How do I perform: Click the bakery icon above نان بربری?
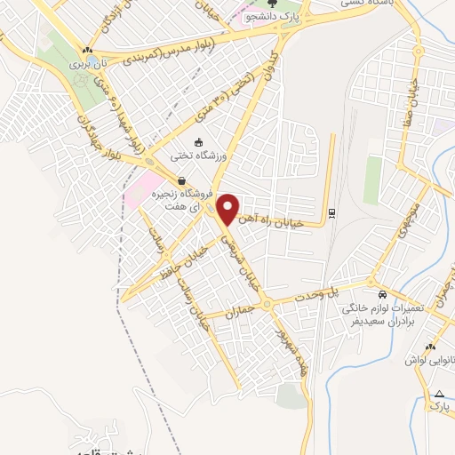86,52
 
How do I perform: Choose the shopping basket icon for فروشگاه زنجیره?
182,180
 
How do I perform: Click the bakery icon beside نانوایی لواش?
429,346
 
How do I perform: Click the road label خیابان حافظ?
189,266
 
